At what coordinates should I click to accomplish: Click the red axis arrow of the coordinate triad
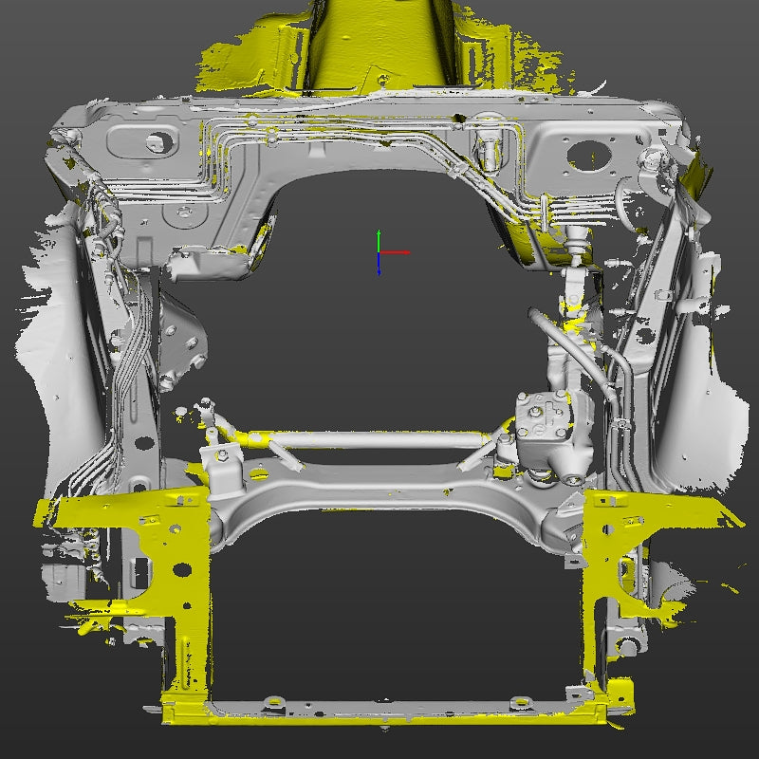(x=398, y=252)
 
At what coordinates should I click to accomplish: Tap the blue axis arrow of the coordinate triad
(x=379, y=267)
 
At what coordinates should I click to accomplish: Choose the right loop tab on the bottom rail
(x=519, y=703)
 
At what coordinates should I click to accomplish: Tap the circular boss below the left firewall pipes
(x=177, y=216)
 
